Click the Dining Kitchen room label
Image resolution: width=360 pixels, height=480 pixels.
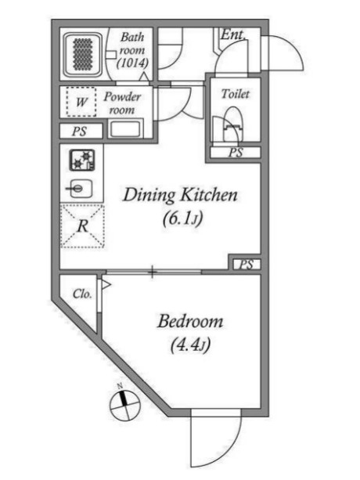180,195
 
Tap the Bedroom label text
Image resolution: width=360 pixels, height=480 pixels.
190,321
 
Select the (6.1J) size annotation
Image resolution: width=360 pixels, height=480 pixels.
182,219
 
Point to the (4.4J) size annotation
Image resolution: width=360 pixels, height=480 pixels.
190,345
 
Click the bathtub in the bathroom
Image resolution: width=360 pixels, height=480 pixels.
83,54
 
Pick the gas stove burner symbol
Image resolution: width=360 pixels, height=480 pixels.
82,160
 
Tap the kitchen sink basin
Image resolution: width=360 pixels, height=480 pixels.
80,188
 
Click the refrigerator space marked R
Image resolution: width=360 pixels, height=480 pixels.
83,226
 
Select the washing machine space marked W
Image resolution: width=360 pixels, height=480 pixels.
81,102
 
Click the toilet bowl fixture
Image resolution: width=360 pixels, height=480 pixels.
233,125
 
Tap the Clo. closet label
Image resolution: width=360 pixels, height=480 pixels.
82,294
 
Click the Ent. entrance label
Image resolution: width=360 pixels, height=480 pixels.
233,34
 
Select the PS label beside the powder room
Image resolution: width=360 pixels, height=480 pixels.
79,132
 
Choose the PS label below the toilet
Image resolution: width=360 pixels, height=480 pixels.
236,153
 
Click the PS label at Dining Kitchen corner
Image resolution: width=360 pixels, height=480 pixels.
247,264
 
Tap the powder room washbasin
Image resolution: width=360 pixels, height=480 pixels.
125,129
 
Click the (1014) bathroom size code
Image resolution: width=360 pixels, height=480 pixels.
133,63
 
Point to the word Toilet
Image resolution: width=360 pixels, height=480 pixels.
236,94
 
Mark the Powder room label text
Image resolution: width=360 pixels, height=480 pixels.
122,103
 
